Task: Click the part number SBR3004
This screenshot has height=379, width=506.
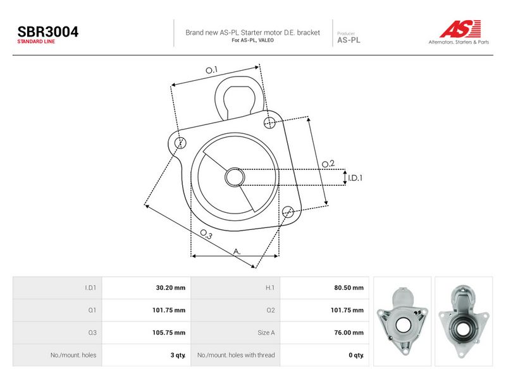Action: coord(48,32)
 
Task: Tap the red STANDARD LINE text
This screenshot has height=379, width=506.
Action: coord(36,42)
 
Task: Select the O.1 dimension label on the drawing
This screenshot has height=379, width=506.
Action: coord(212,69)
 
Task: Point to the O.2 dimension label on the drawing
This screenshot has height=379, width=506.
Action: coord(328,164)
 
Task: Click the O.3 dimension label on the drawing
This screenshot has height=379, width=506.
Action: coord(206,234)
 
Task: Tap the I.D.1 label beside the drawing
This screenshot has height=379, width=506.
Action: coord(355,178)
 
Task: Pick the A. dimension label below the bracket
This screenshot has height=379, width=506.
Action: coord(237,251)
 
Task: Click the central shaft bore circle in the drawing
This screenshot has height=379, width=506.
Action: coord(235,177)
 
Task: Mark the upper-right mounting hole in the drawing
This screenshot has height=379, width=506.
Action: coord(269,123)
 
